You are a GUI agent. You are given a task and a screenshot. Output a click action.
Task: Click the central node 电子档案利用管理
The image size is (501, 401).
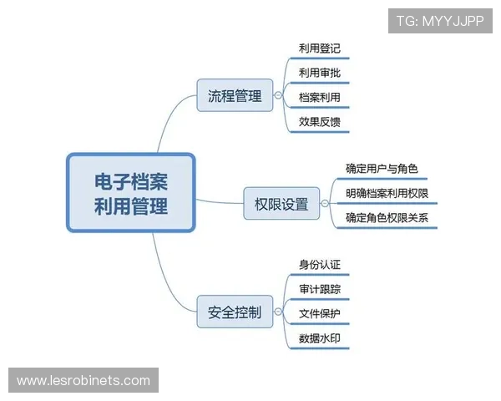click(130, 193)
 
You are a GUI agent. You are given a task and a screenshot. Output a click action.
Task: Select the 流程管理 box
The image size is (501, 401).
click(235, 96)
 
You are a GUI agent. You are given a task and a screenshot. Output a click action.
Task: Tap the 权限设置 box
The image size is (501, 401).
click(281, 203)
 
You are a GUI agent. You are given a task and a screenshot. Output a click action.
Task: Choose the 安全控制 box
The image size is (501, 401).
click(235, 313)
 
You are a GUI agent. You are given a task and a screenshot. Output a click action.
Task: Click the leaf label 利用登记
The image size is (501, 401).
click(319, 48)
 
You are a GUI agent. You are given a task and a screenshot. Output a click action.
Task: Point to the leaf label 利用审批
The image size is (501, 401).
click(319, 74)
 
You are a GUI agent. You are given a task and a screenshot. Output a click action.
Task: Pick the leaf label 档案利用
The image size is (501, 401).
click(319, 98)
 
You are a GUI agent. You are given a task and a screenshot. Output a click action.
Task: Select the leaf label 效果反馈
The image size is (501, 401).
click(319, 122)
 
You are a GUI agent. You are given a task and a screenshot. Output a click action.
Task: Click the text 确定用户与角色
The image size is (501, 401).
click(381, 169)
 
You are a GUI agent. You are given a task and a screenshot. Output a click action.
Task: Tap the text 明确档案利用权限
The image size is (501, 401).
click(387, 194)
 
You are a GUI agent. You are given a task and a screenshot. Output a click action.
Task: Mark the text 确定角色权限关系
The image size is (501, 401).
click(387, 219)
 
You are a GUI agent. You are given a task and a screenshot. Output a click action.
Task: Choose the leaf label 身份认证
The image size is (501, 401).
click(319, 265)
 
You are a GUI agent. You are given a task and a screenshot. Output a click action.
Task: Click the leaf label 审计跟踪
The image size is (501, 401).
click(319, 289)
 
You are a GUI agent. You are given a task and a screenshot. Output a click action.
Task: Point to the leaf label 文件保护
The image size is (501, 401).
click(319, 314)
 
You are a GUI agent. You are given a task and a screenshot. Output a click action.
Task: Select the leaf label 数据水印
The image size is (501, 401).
click(319, 339)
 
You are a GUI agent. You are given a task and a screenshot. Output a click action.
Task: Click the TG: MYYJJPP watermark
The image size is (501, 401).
click(440, 21)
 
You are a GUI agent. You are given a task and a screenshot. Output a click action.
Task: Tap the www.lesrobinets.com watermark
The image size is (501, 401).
click(83, 381)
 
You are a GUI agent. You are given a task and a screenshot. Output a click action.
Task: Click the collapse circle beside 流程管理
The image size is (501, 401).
click(278, 96)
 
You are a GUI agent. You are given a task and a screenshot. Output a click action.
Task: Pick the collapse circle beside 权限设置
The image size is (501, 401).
click(325, 203)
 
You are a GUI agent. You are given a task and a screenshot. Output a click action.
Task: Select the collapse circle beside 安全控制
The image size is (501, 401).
click(278, 313)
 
